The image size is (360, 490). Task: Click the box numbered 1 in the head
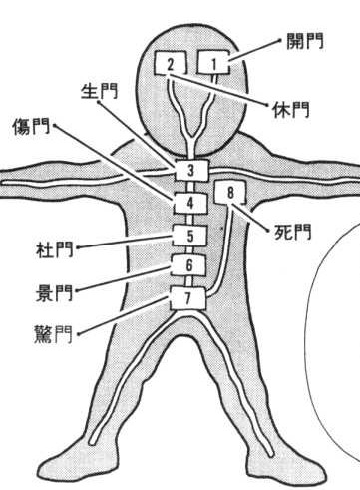pos(213,62)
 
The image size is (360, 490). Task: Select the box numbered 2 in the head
pos(171,63)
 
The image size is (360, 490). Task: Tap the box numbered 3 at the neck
pos(191,170)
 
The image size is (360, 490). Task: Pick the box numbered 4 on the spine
pos(190,203)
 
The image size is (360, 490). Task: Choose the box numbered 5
pos(189,235)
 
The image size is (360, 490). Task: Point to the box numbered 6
pos(188,265)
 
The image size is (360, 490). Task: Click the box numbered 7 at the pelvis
pos(187,298)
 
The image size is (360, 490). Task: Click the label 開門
pos(305,41)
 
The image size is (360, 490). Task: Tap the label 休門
pos(291,109)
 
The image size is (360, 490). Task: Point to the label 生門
pos(100,91)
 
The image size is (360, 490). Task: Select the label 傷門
pos(31,126)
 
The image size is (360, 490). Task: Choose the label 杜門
pos(54,249)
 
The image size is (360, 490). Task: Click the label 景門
pos(54,292)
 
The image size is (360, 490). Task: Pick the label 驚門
pos(53,334)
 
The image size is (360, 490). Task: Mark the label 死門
pos(293,231)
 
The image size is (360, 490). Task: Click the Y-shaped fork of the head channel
pos(191,137)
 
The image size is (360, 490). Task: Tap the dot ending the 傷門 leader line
pos(55,125)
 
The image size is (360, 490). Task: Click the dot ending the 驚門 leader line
pos(79,333)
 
